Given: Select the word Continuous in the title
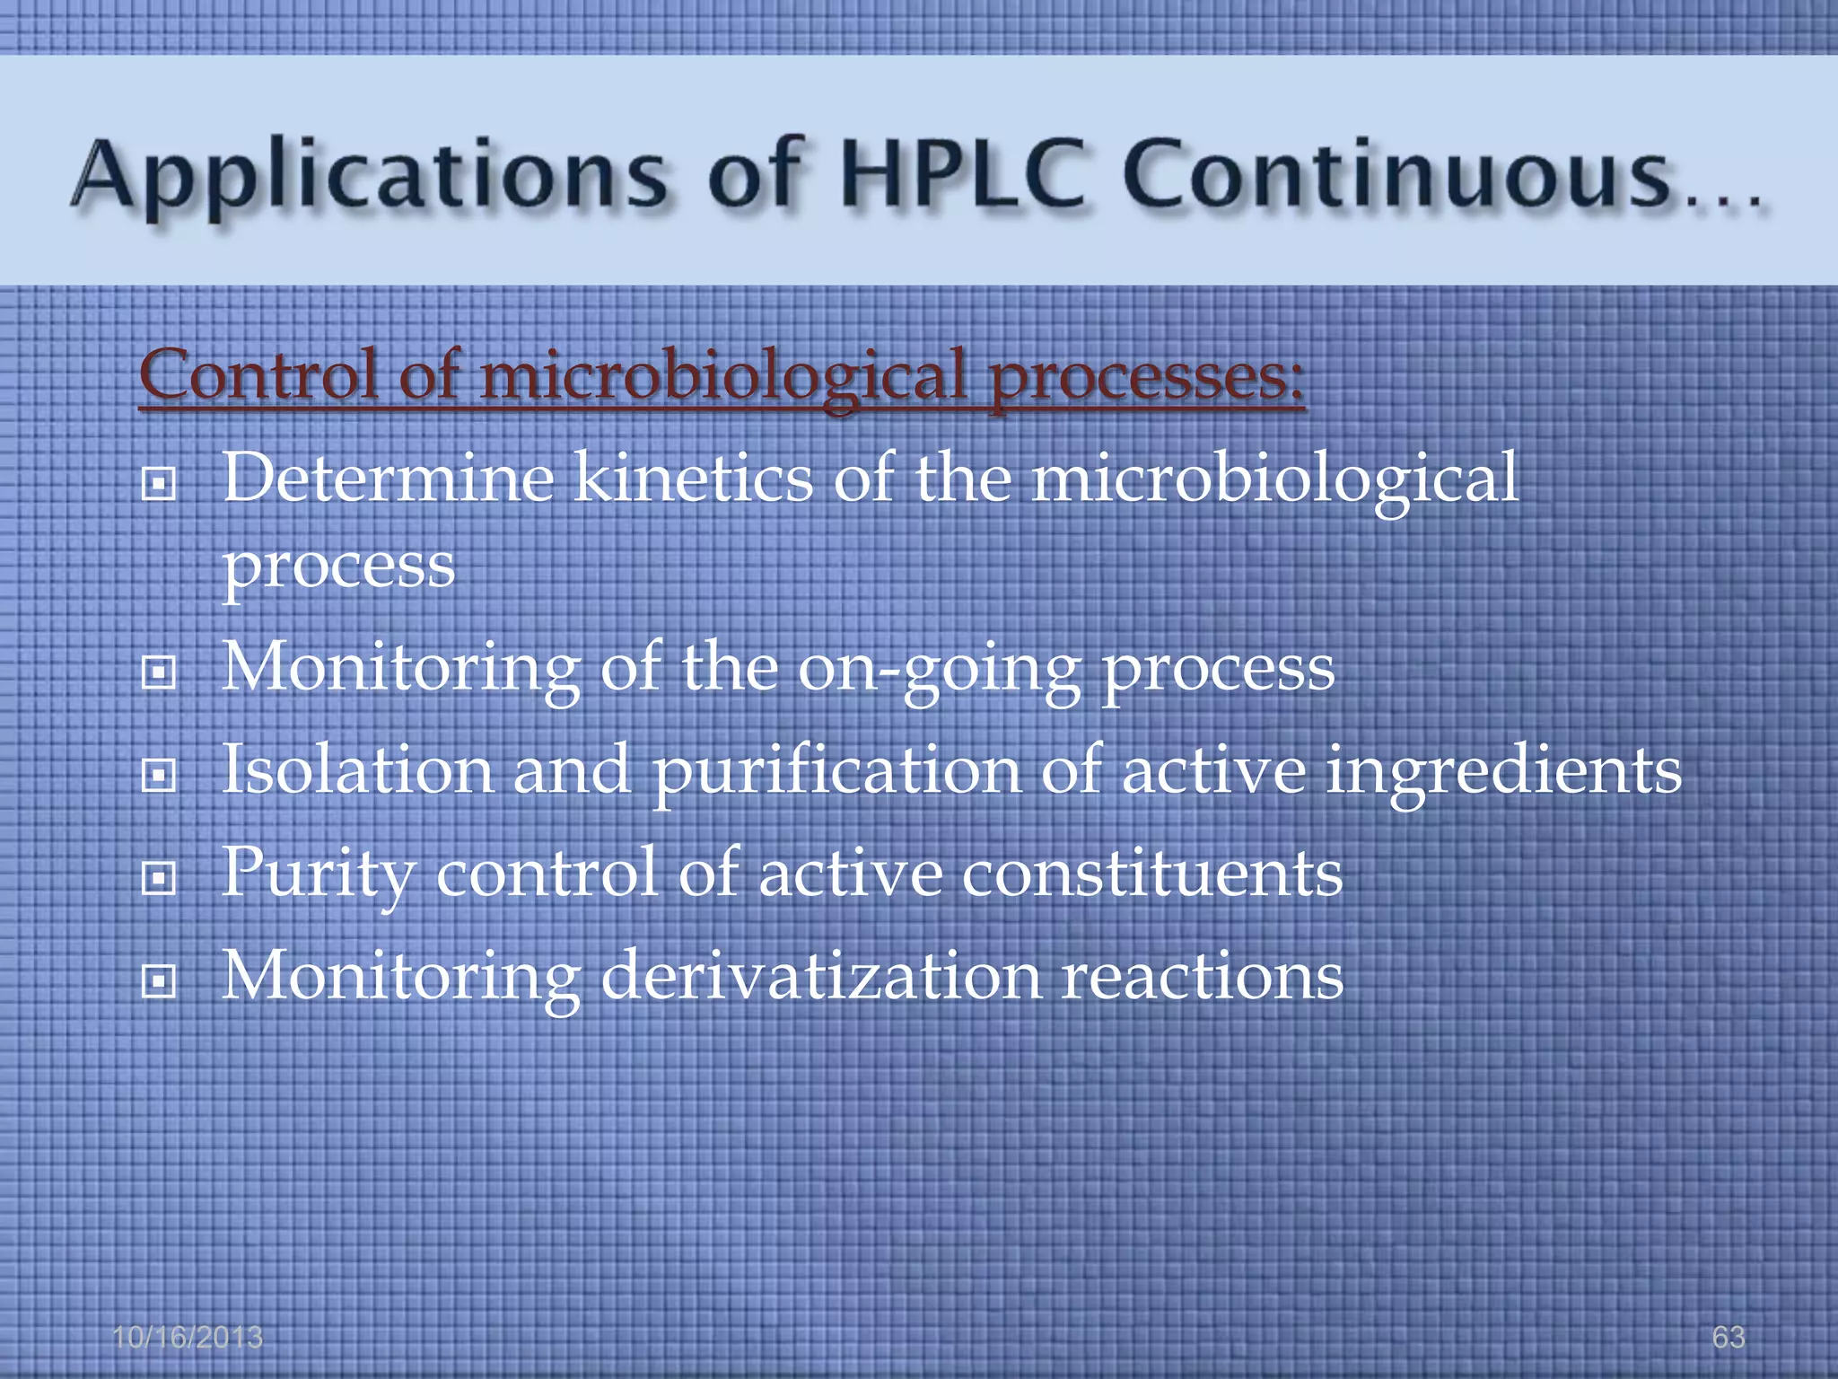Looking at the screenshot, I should (1395, 175).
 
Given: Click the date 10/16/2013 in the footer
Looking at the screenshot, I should (188, 1337).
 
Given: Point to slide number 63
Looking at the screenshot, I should (1729, 1337).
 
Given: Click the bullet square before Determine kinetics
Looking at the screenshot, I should (159, 485).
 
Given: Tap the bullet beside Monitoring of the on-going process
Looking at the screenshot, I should (159, 673).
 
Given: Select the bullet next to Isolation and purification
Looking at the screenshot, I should (159, 776).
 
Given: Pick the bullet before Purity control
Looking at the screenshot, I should (159, 879).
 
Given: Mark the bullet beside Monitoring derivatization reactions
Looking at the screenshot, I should (159, 982).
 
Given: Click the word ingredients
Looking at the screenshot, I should (1504, 773).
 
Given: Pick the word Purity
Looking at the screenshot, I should (319, 875).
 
